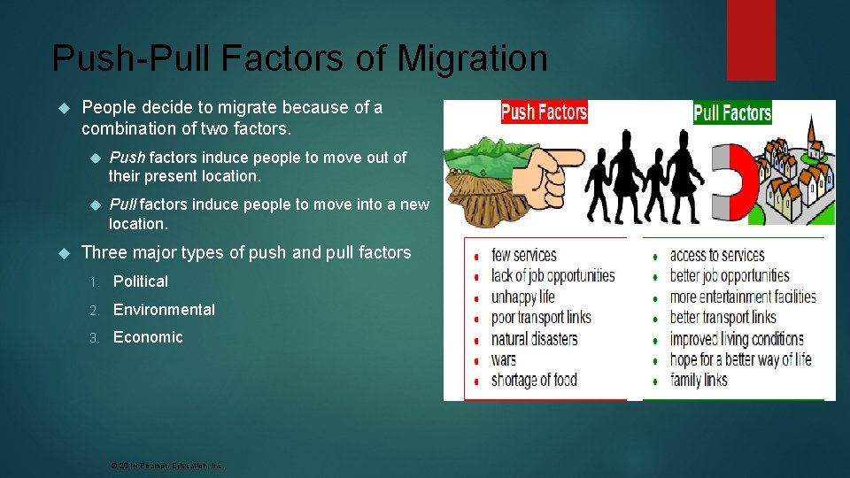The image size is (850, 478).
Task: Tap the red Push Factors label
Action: [544, 112]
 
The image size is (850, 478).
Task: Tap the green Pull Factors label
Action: [732, 113]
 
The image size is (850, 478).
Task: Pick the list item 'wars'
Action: [503, 359]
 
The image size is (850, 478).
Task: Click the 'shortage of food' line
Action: [534, 381]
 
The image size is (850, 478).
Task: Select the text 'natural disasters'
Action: [534, 338]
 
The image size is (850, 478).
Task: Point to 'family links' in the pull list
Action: [699, 380]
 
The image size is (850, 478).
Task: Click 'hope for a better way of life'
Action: [740, 359]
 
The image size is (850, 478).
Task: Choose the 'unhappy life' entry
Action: [522, 297]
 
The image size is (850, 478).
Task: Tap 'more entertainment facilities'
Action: [742, 297]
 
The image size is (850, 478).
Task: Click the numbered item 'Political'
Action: [140, 281]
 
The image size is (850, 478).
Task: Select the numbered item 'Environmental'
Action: [164, 310]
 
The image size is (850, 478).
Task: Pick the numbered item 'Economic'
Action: [148, 337]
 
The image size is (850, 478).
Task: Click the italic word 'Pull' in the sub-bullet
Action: [123, 204]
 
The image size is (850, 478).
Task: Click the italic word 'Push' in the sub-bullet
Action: [127, 158]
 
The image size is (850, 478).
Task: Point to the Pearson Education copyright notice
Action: [166, 465]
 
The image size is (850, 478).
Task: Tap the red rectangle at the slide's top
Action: [750, 40]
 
